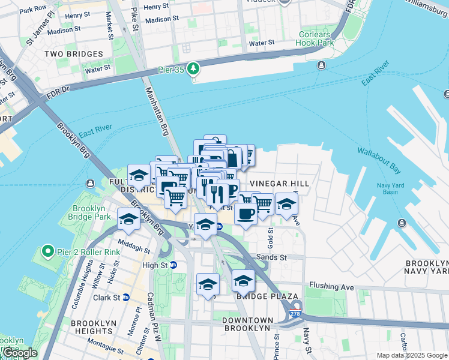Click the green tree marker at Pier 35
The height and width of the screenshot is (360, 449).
point(193,69)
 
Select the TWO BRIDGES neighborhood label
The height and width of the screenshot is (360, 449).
point(74,55)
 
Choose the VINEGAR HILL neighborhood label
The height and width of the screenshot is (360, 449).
point(280,184)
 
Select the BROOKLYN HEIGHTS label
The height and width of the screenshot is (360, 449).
point(93,328)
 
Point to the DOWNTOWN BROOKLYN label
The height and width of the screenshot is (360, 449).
point(247,324)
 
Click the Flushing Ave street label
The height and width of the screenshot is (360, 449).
point(332,286)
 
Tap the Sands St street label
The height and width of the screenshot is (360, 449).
point(271,257)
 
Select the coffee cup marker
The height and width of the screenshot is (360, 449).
point(245,214)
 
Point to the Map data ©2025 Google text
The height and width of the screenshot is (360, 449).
point(412,355)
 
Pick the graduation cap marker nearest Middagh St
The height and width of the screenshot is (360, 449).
point(128,220)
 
